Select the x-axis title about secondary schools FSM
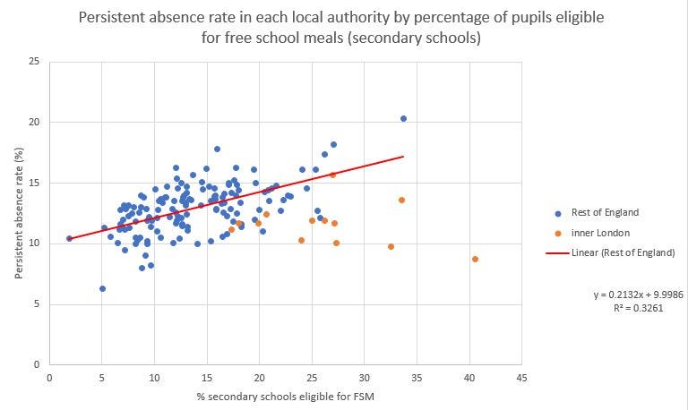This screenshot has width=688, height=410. (284, 397)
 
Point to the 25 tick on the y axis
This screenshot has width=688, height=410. (34, 61)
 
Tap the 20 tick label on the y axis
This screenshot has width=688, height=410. (34, 122)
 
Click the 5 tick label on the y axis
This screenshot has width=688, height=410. (37, 304)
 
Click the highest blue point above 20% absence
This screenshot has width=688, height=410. (403, 118)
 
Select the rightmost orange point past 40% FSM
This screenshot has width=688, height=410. (475, 259)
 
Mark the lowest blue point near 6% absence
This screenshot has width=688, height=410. (102, 288)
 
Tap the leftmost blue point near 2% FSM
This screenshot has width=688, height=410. (69, 238)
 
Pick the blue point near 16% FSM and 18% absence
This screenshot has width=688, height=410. (217, 149)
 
